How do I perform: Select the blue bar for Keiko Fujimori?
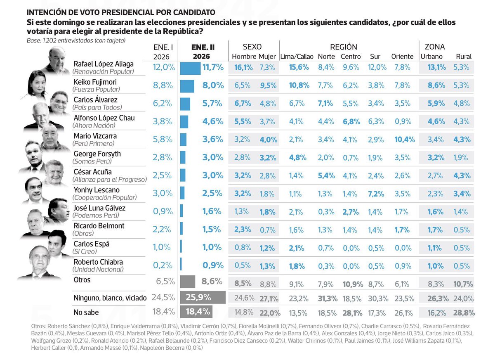[187, 85]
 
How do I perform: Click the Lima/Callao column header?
[297, 57]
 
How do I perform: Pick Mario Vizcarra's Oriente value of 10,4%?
[404, 140]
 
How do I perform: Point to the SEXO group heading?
[252, 47]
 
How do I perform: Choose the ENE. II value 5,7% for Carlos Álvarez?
[213, 104]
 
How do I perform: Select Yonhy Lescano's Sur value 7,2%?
[376, 194]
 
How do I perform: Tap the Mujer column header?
[267, 57]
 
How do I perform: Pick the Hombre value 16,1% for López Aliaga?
[243, 67]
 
